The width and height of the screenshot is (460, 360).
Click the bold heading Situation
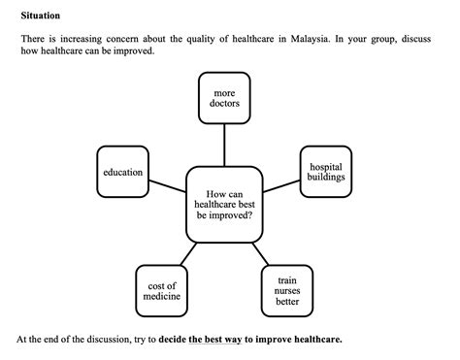(40, 16)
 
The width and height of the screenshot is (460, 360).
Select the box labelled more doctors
(224, 98)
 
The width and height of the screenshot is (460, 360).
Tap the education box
(122, 173)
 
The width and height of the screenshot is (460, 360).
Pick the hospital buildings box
(326, 172)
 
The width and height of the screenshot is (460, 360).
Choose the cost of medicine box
(161, 291)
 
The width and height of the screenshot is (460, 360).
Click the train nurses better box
(287, 290)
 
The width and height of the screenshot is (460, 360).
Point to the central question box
(225, 205)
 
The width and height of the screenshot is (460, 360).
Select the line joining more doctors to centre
(224, 146)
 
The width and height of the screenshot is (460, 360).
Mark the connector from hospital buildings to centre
(282, 184)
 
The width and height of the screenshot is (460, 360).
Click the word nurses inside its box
(287, 291)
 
